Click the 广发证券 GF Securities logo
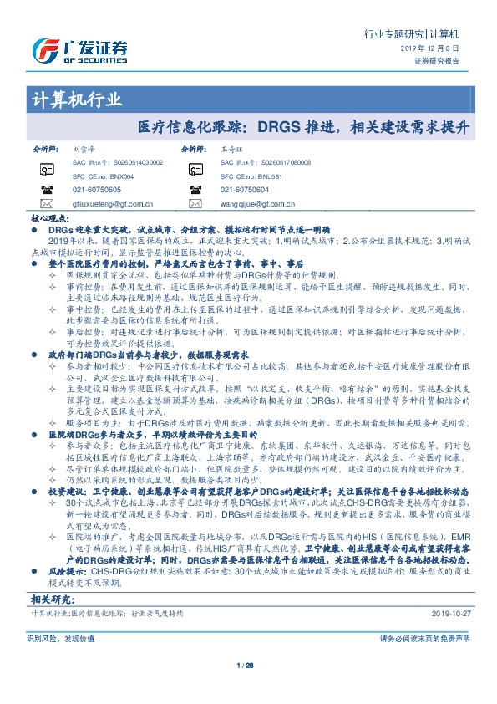80,48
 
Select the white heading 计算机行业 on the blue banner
76,100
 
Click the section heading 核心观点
49,217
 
